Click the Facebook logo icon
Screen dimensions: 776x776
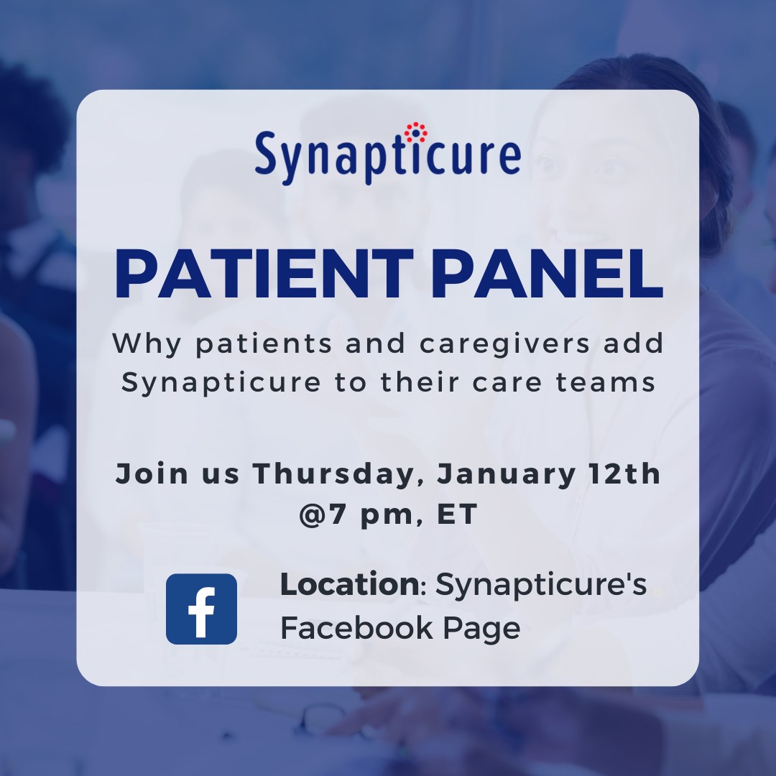[201, 609]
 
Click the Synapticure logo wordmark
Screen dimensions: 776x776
[387, 155]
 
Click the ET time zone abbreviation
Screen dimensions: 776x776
[457, 515]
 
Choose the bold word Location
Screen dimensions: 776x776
[349, 585]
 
